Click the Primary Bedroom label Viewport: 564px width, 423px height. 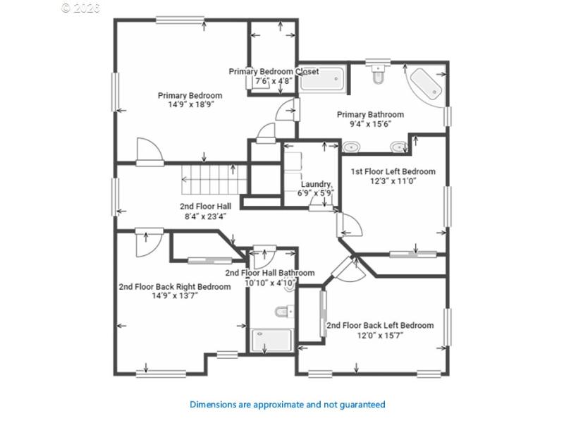pos(190,96)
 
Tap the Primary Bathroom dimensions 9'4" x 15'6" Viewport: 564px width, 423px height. pos(370,124)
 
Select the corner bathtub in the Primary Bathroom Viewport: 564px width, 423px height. pos(425,85)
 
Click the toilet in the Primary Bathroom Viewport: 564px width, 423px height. pos(378,74)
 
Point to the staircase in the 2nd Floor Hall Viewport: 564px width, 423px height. pos(208,179)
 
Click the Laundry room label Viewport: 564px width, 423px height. pos(317,184)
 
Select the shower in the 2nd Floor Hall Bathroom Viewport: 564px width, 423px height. pos(271,340)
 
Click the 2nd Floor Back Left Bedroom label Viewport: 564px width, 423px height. pos(379,326)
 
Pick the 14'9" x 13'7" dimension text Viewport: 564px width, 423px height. pos(174,296)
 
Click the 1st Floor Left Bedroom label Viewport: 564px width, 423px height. pos(393,171)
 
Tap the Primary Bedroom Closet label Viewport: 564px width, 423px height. pos(274,71)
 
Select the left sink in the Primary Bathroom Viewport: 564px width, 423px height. pos(350,147)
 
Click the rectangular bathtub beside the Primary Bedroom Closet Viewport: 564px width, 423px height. pos(321,79)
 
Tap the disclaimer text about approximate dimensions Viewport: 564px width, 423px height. pos(288,405)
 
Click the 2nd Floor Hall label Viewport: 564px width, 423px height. pos(205,206)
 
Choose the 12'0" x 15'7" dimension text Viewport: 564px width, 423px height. pos(379,336)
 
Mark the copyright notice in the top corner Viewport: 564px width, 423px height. pos(80,8)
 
